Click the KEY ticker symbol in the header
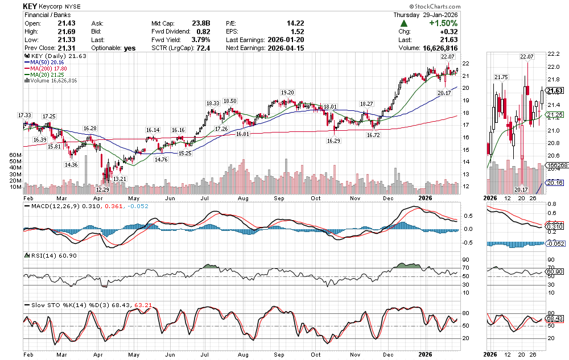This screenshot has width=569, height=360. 31,6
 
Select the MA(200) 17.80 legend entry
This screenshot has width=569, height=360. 46,68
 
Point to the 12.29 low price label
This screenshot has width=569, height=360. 102,189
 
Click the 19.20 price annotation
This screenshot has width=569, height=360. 287,92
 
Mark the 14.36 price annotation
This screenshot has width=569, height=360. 71,164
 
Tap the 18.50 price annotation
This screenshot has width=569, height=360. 230,101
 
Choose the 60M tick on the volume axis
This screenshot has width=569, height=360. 15,155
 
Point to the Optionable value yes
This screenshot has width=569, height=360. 130,48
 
